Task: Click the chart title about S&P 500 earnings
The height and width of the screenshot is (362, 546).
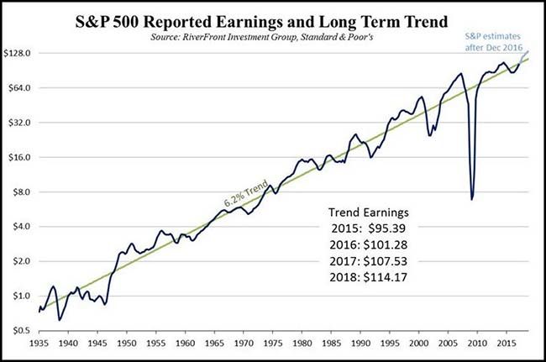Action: (x=273, y=18)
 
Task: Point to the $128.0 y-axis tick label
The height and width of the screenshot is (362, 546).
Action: (x=18, y=53)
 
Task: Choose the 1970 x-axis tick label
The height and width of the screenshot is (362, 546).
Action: (x=244, y=344)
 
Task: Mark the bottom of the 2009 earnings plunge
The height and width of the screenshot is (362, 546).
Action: (x=472, y=199)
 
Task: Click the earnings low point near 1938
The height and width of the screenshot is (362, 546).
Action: (x=59, y=320)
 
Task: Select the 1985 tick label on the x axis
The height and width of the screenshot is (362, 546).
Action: (x=331, y=344)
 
